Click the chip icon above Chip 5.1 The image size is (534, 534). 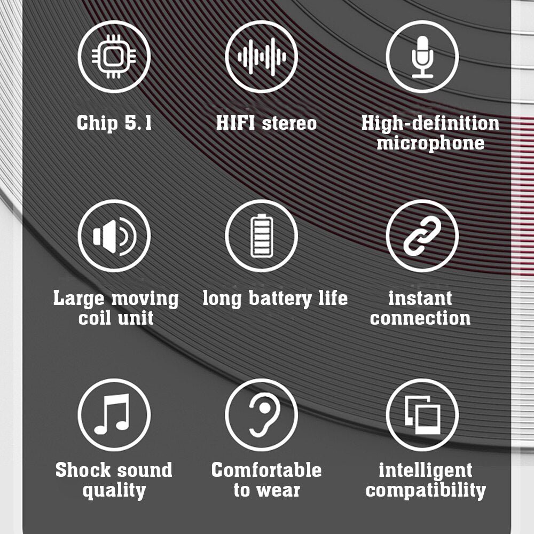pyautogui.click(x=114, y=57)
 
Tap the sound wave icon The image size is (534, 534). pyautogui.click(x=261, y=57)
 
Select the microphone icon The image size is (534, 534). pyautogui.click(x=422, y=57)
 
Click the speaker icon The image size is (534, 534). pyautogui.click(x=114, y=236)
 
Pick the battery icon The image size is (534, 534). pyautogui.click(x=261, y=236)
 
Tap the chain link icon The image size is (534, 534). pyautogui.click(x=422, y=236)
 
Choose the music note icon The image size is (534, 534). pyautogui.click(x=114, y=415)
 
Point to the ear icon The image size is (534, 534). pyautogui.click(x=261, y=415)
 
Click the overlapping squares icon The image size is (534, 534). pyautogui.click(x=422, y=415)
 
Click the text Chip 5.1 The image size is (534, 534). pyautogui.click(x=114, y=123)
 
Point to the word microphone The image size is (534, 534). pyautogui.click(x=430, y=143)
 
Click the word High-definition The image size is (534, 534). pyautogui.click(x=430, y=123)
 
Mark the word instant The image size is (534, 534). pyautogui.click(x=420, y=299)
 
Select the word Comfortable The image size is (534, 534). pyautogui.click(x=266, y=470)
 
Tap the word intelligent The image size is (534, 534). pyautogui.click(x=426, y=471)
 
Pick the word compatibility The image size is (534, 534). pyautogui.click(x=426, y=490)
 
